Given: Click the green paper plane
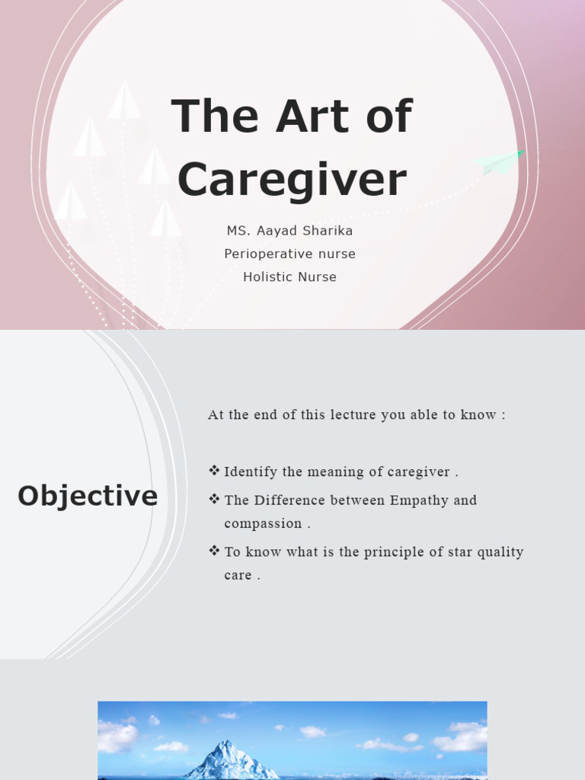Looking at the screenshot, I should tap(499, 161).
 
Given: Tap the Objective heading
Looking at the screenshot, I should tap(88, 496).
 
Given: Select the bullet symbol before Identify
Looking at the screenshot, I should tap(214, 471).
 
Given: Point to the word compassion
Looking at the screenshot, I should tap(263, 524).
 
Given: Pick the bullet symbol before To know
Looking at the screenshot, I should tap(214, 551).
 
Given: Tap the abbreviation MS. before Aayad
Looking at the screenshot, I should tap(237, 230).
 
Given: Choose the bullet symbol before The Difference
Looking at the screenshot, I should tap(214, 500).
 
